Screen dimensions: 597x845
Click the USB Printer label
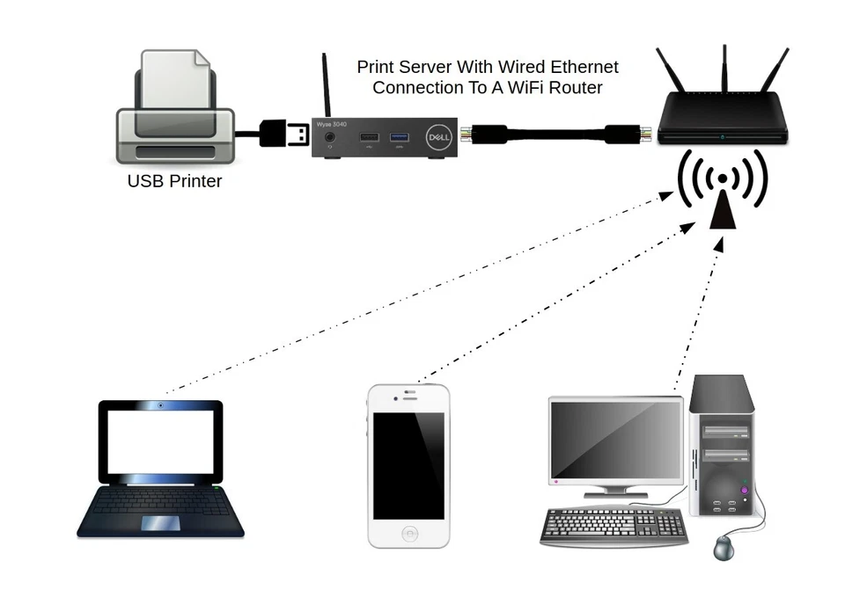pyautogui.click(x=174, y=182)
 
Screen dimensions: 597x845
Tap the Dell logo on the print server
pyautogui.click(x=438, y=138)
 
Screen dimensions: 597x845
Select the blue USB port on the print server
pyautogui.click(x=400, y=136)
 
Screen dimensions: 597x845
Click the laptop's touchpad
pyautogui.click(x=161, y=522)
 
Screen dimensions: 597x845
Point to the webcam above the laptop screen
pyautogui.click(x=160, y=405)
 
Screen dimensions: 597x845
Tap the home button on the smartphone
pyautogui.click(x=408, y=531)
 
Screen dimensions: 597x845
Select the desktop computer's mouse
pyautogui.click(x=724, y=547)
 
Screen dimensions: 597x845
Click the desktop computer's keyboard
pyautogui.click(x=614, y=525)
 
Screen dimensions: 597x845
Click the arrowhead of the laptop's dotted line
pyautogui.click(x=669, y=199)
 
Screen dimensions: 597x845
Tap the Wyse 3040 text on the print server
pyautogui.click(x=331, y=125)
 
